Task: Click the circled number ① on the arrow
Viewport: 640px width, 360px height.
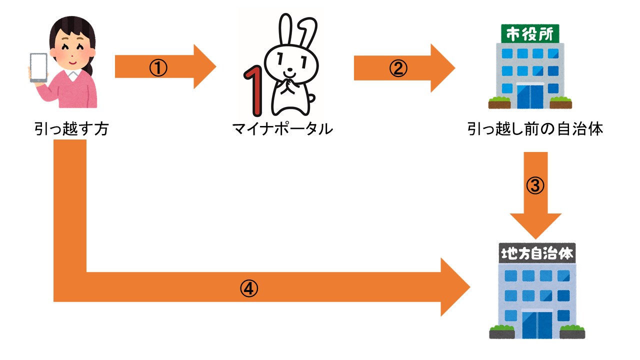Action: pos(158,67)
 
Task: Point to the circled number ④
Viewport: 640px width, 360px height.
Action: pos(248,287)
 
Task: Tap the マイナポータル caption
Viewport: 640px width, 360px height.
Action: pos(282,129)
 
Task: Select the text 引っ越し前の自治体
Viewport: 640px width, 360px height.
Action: pos(535,129)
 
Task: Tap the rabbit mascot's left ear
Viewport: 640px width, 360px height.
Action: pos(285,30)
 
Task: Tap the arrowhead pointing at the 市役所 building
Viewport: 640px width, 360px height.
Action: pos(442,68)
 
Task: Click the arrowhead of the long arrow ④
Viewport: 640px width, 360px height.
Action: pos(455,287)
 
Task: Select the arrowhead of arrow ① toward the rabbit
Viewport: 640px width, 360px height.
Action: pos(204,67)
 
